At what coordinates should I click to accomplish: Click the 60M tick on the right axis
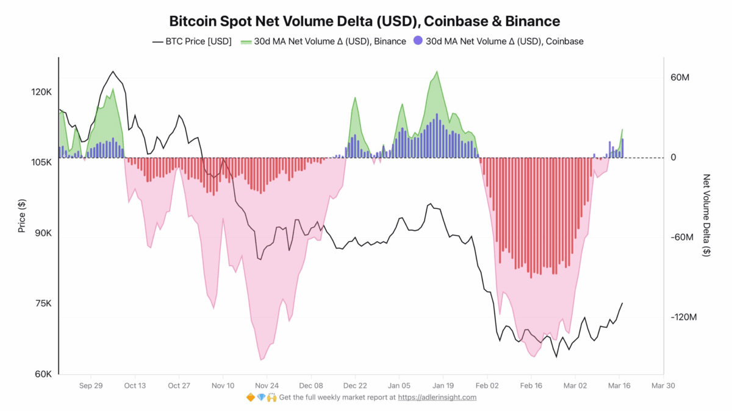(x=680, y=78)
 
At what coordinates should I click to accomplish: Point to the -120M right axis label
(x=683, y=318)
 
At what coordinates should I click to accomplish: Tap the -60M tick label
(x=681, y=237)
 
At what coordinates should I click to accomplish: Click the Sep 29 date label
(x=90, y=385)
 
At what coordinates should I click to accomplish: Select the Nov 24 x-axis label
(x=267, y=385)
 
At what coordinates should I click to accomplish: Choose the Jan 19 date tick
(x=443, y=385)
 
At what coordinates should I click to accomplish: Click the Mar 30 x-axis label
(x=663, y=385)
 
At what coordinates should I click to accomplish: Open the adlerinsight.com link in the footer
(x=437, y=398)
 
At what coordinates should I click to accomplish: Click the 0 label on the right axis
(x=673, y=158)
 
